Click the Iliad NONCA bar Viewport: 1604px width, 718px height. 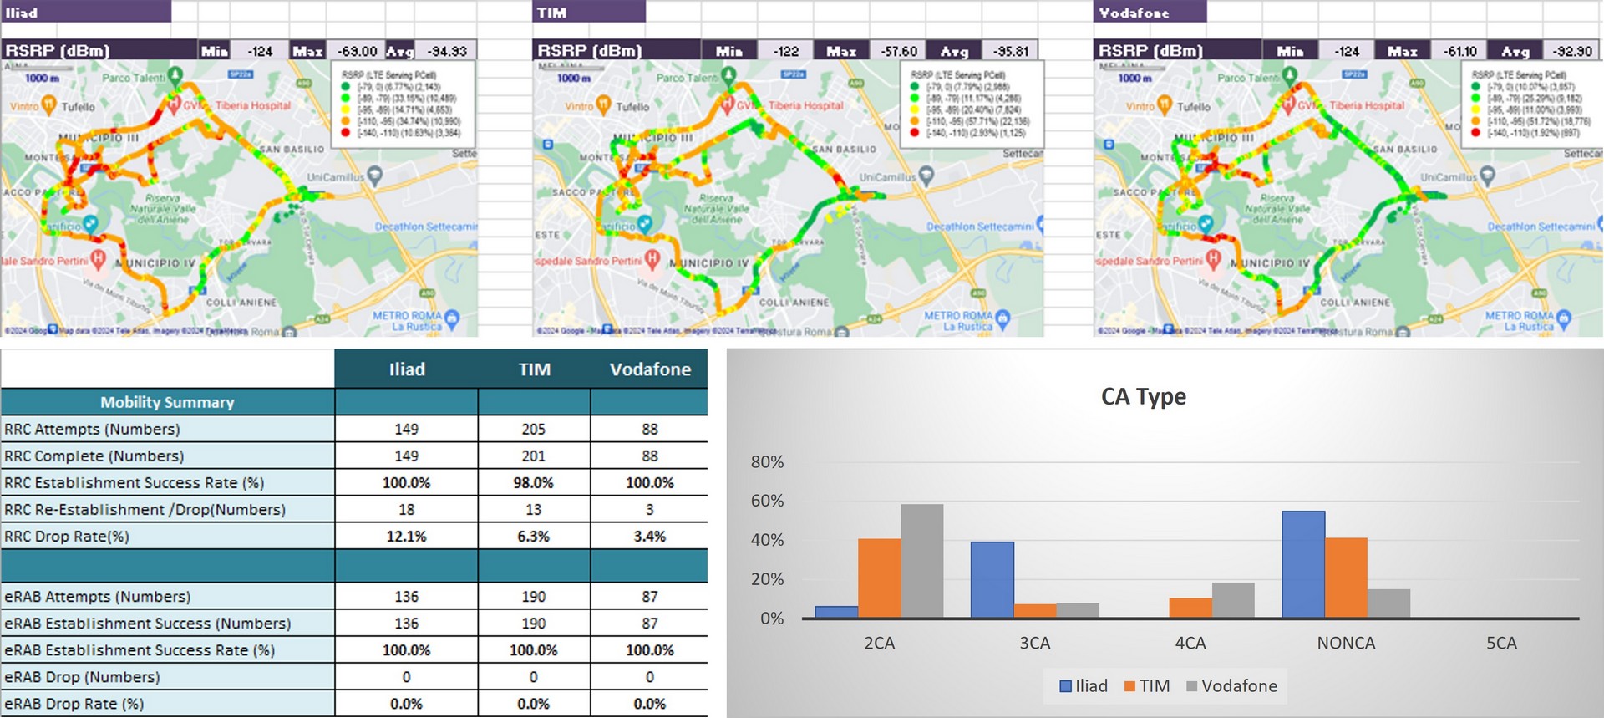pos(1302,564)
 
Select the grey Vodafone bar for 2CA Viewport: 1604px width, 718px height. pos(921,561)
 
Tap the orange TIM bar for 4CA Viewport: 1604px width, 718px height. pos(1190,608)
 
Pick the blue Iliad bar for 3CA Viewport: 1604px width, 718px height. pos(992,579)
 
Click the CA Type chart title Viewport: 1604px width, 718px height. pos(1143,396)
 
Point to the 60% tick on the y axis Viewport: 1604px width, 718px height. pos(767,501)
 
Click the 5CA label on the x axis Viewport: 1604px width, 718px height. pos(1500,643)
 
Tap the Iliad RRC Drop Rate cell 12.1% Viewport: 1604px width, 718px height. pos(406,537)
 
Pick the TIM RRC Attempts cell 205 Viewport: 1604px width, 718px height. pos(533,430)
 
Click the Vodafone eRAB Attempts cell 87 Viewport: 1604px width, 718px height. pos(649,597)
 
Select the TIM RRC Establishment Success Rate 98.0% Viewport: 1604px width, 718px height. pos(533,483)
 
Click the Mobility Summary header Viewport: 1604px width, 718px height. pos(167,402)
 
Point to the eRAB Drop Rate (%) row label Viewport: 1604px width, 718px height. pos(74,704)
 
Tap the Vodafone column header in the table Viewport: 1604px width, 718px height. pos(649,369)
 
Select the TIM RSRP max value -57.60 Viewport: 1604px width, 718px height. pos(898,51)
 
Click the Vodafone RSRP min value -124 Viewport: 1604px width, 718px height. pos(1346,51)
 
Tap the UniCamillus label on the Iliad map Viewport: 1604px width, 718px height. pos(335,177)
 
